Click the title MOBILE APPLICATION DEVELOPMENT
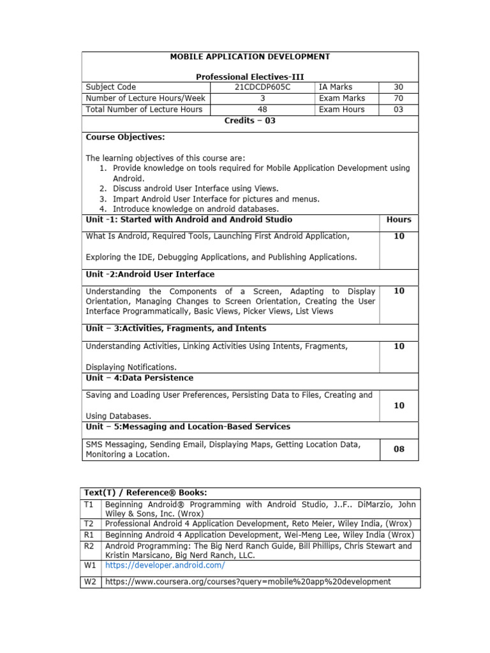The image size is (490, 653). tap(249, 57)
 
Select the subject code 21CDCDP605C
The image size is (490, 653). tap(262, 87)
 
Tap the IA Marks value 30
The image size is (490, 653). tap(398, 87)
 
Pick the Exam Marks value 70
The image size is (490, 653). tap(398, 98)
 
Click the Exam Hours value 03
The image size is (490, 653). tap(398, 109)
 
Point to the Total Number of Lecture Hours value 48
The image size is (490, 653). tap(262, 109)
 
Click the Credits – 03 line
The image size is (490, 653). tap(249, 121)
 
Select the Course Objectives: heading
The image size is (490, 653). tap(125, 137)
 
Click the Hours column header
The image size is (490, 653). tap(399, 219)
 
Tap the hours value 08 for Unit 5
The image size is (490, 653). tap(399, 449)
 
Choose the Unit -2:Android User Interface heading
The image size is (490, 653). tap(150, 274)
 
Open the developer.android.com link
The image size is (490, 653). tap(165, 565)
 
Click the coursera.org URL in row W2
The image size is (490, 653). tap(248, 582)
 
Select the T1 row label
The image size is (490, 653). tap(90, 504)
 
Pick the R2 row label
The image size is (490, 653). tap(90, 546)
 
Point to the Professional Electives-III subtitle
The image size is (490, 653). tap(249, 77)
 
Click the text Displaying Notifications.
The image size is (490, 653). tap(131, 367)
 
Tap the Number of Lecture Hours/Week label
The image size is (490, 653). tap(145, 98)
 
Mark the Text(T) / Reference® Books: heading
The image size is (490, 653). tap(145, 493)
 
